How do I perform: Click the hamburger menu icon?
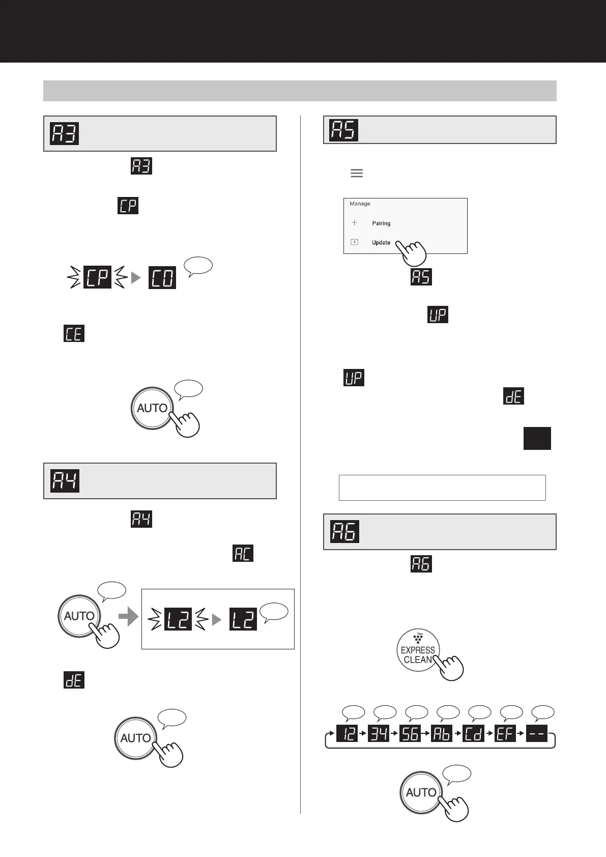click(357, 174)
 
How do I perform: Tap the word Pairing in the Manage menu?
click(381, 223)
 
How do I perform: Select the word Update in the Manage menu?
click(381, 243)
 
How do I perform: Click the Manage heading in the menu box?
click(360, 204)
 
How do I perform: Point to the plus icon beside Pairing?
click(355, 223)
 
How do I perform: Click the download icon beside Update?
click(355, 242)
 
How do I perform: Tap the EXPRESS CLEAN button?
click(418, 650)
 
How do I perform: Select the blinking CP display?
click(97, 277)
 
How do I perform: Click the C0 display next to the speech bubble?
click(162, 278)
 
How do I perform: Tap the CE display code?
click(74, 333)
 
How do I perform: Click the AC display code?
click(243, 553)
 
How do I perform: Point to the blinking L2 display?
click(178, 619)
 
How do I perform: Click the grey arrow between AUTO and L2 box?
click(128, 617)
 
